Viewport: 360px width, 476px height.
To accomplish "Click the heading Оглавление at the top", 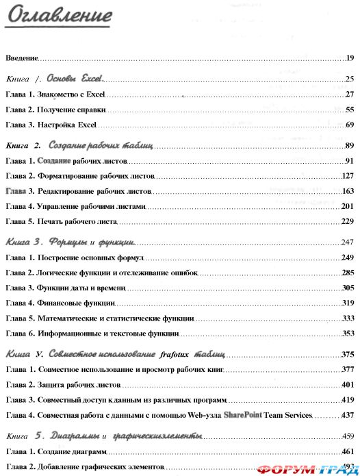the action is point(58,15).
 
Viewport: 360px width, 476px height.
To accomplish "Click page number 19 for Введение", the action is point(349,58).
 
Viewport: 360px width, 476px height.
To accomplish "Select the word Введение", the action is point(21,58).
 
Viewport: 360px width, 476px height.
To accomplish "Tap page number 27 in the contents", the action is point(349,94).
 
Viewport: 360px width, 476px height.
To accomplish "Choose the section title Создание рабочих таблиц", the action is point(101,145).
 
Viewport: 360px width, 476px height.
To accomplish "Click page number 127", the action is point(347,176).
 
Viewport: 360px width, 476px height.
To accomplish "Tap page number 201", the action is point(347,206).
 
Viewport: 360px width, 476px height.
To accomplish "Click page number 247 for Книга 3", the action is point(347,242).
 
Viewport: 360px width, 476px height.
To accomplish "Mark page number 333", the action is point(347,318).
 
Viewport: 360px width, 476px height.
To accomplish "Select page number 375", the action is point(347,354).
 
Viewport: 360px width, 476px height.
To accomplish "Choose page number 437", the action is point(347,415).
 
